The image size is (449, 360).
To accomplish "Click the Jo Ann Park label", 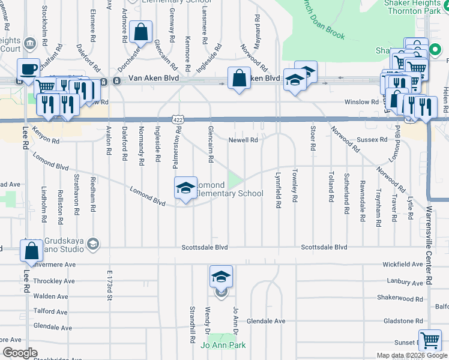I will point(223,345).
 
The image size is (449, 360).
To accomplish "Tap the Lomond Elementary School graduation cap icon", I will point(185,188).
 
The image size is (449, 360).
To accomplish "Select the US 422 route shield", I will point(178,120).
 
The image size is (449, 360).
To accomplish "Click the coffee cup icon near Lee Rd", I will point(28,69).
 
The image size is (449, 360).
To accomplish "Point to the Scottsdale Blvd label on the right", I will point(324,247).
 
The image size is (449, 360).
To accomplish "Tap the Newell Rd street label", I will point(243,140).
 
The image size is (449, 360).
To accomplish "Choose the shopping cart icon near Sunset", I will point(430,340).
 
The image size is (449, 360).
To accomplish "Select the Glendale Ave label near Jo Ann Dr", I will point(266,321).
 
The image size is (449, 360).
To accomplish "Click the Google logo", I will point(19,353).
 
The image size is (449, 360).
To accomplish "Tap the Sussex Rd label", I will point(373,140).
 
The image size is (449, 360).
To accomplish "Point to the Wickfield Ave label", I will point(403,264).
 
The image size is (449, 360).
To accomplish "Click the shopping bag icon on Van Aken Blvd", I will point(239,77).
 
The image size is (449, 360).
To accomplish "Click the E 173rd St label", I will point(110,285).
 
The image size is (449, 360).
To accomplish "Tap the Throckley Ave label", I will point(54,281).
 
